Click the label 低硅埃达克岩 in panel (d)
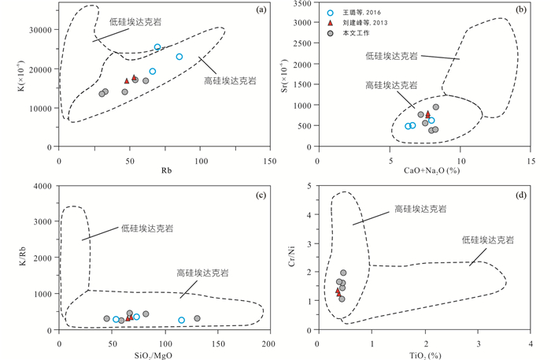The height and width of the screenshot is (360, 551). point(488,239)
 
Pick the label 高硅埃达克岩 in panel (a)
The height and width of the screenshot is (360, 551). point(234,80)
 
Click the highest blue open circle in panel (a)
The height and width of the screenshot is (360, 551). point(157,47)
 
